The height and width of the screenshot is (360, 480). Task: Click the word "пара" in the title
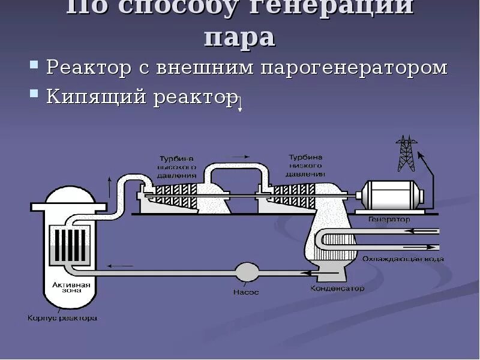[239, 37]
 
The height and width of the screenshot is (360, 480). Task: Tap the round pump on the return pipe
[247, 272]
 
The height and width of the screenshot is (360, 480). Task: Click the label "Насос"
[247, 292]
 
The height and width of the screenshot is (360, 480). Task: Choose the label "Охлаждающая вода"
[403, 259]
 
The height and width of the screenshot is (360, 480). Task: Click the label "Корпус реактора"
[62, 317]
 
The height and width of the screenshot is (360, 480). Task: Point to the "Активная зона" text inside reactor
[71, 289]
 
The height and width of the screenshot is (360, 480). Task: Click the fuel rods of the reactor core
[71, 245]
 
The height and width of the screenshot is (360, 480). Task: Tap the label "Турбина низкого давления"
[305, 164]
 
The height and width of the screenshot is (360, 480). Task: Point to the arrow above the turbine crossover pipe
[240, 157]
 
